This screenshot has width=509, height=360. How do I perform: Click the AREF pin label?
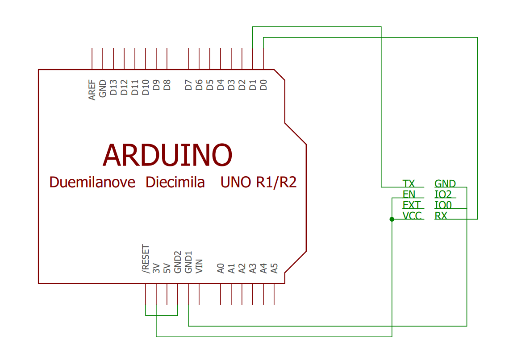[x=92, y=90]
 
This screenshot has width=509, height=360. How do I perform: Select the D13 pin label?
[x=114, y=87]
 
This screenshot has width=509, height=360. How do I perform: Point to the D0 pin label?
[x=263, y=85]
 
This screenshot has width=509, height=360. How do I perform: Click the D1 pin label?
[x=253, y=85]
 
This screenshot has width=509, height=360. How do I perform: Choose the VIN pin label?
[x=199, y=266]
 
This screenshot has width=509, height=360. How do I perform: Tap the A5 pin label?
[x=275, y=268]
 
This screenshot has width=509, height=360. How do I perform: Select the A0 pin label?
[x=221, y=268]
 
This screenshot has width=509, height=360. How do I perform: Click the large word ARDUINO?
[x=167, y=155]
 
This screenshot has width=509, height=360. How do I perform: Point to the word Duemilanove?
[x=92, y=182]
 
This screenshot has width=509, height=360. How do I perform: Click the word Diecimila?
[x=175, y=182]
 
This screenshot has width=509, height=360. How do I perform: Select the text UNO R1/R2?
[x=259, y=182]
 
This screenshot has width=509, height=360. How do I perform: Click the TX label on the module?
[x=409, y=184]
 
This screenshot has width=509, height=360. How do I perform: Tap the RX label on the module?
[x=441, y=216]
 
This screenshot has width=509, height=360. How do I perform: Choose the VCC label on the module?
[x=412, y=216]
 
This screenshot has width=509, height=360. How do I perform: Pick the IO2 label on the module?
[x=443, y=194]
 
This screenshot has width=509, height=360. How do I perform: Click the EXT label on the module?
[x=411, y=205]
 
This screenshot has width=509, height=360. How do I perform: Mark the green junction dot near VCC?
[x=392, y=219]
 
